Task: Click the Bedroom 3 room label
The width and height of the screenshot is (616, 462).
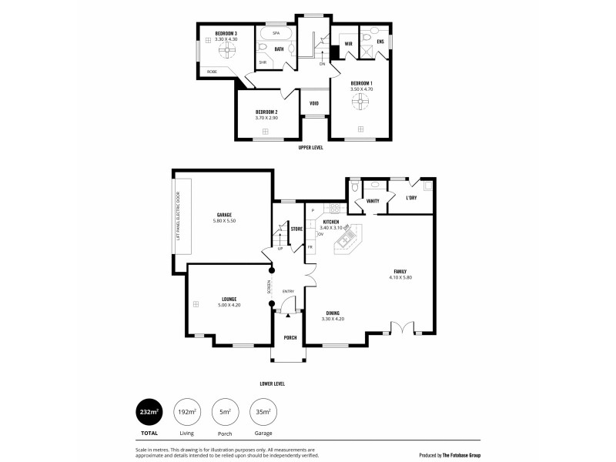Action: coord(226,33)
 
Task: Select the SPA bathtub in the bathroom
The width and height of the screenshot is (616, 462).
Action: coord(276,35)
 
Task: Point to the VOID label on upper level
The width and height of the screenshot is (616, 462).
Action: coord(314,103)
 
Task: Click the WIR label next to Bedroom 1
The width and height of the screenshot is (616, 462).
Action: coord(348,44)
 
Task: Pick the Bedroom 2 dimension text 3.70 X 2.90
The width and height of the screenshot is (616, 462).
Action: coord(266,117)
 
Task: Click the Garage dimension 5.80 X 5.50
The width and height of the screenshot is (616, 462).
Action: coord(224,221)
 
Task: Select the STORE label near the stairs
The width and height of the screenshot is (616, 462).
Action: coord(296,229)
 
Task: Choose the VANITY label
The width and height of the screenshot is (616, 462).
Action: coord(373,201)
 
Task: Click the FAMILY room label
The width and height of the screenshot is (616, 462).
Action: coord(400,271)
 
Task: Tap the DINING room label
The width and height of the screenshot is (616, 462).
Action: coord(333,313)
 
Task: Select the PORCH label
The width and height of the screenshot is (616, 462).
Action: coord(290,337)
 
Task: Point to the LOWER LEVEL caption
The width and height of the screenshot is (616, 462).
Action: coord(273,383)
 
